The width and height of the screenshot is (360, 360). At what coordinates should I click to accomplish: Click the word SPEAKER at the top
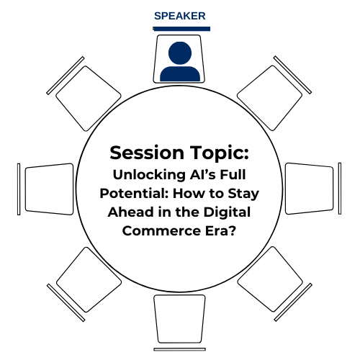pos(180,16)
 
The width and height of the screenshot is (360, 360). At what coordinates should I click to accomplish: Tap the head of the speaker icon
pos(180,53)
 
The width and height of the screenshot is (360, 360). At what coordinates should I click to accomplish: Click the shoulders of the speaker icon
pos(180,73)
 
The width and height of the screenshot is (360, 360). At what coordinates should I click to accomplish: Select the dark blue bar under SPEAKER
pos(181,29)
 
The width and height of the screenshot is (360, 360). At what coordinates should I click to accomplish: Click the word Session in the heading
pos(147,153)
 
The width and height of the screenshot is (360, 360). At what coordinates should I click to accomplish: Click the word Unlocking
pos(149,175)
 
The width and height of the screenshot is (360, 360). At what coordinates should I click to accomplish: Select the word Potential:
pos(134,194)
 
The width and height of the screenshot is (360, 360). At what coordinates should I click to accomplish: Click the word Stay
pos(243,194)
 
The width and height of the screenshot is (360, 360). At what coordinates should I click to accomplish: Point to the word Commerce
pos(161,231)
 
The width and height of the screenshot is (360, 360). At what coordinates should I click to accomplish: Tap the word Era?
pos(221,231)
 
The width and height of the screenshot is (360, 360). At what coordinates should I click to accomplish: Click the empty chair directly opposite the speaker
pos(180,319)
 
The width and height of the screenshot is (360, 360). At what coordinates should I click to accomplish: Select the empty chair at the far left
pos(49,189)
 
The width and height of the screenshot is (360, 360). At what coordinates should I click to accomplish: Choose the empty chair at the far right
pos(310,189)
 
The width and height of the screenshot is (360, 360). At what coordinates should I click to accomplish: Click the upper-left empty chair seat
pos(89,99)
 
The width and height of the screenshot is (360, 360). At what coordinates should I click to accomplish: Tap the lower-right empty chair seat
pos(270,279)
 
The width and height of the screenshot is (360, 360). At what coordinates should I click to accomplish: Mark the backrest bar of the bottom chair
pos(180,349)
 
